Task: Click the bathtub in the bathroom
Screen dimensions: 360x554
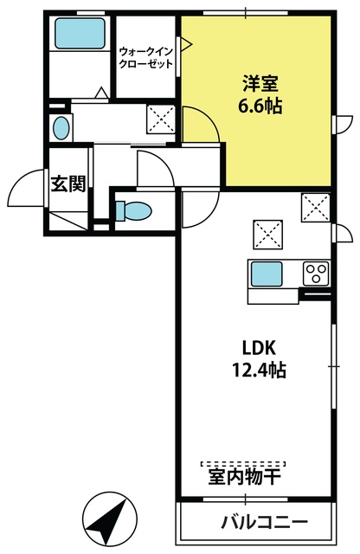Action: point(80,33)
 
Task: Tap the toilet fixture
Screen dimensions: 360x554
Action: point(133,211)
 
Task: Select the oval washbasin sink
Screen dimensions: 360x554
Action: point(61,128)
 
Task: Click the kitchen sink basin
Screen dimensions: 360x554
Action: point(267,274)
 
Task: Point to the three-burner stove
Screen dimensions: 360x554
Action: point(316,274)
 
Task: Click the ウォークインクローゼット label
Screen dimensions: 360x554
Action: point(146,58)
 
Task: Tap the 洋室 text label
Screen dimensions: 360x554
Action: point(260,85)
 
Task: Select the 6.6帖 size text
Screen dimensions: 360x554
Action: point(260,106)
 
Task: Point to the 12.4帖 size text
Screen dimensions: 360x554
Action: point(259,370)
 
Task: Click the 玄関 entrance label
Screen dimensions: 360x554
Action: point(68,184)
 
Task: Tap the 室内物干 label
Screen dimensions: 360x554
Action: point(245,477)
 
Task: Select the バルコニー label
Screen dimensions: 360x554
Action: point(265,522)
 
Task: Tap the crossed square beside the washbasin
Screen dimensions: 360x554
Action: point(161,119)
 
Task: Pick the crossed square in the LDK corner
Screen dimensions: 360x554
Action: point(316,208)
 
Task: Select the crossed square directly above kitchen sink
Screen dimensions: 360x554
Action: point(267,235)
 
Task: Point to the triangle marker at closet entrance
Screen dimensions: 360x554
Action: point(186,44)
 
